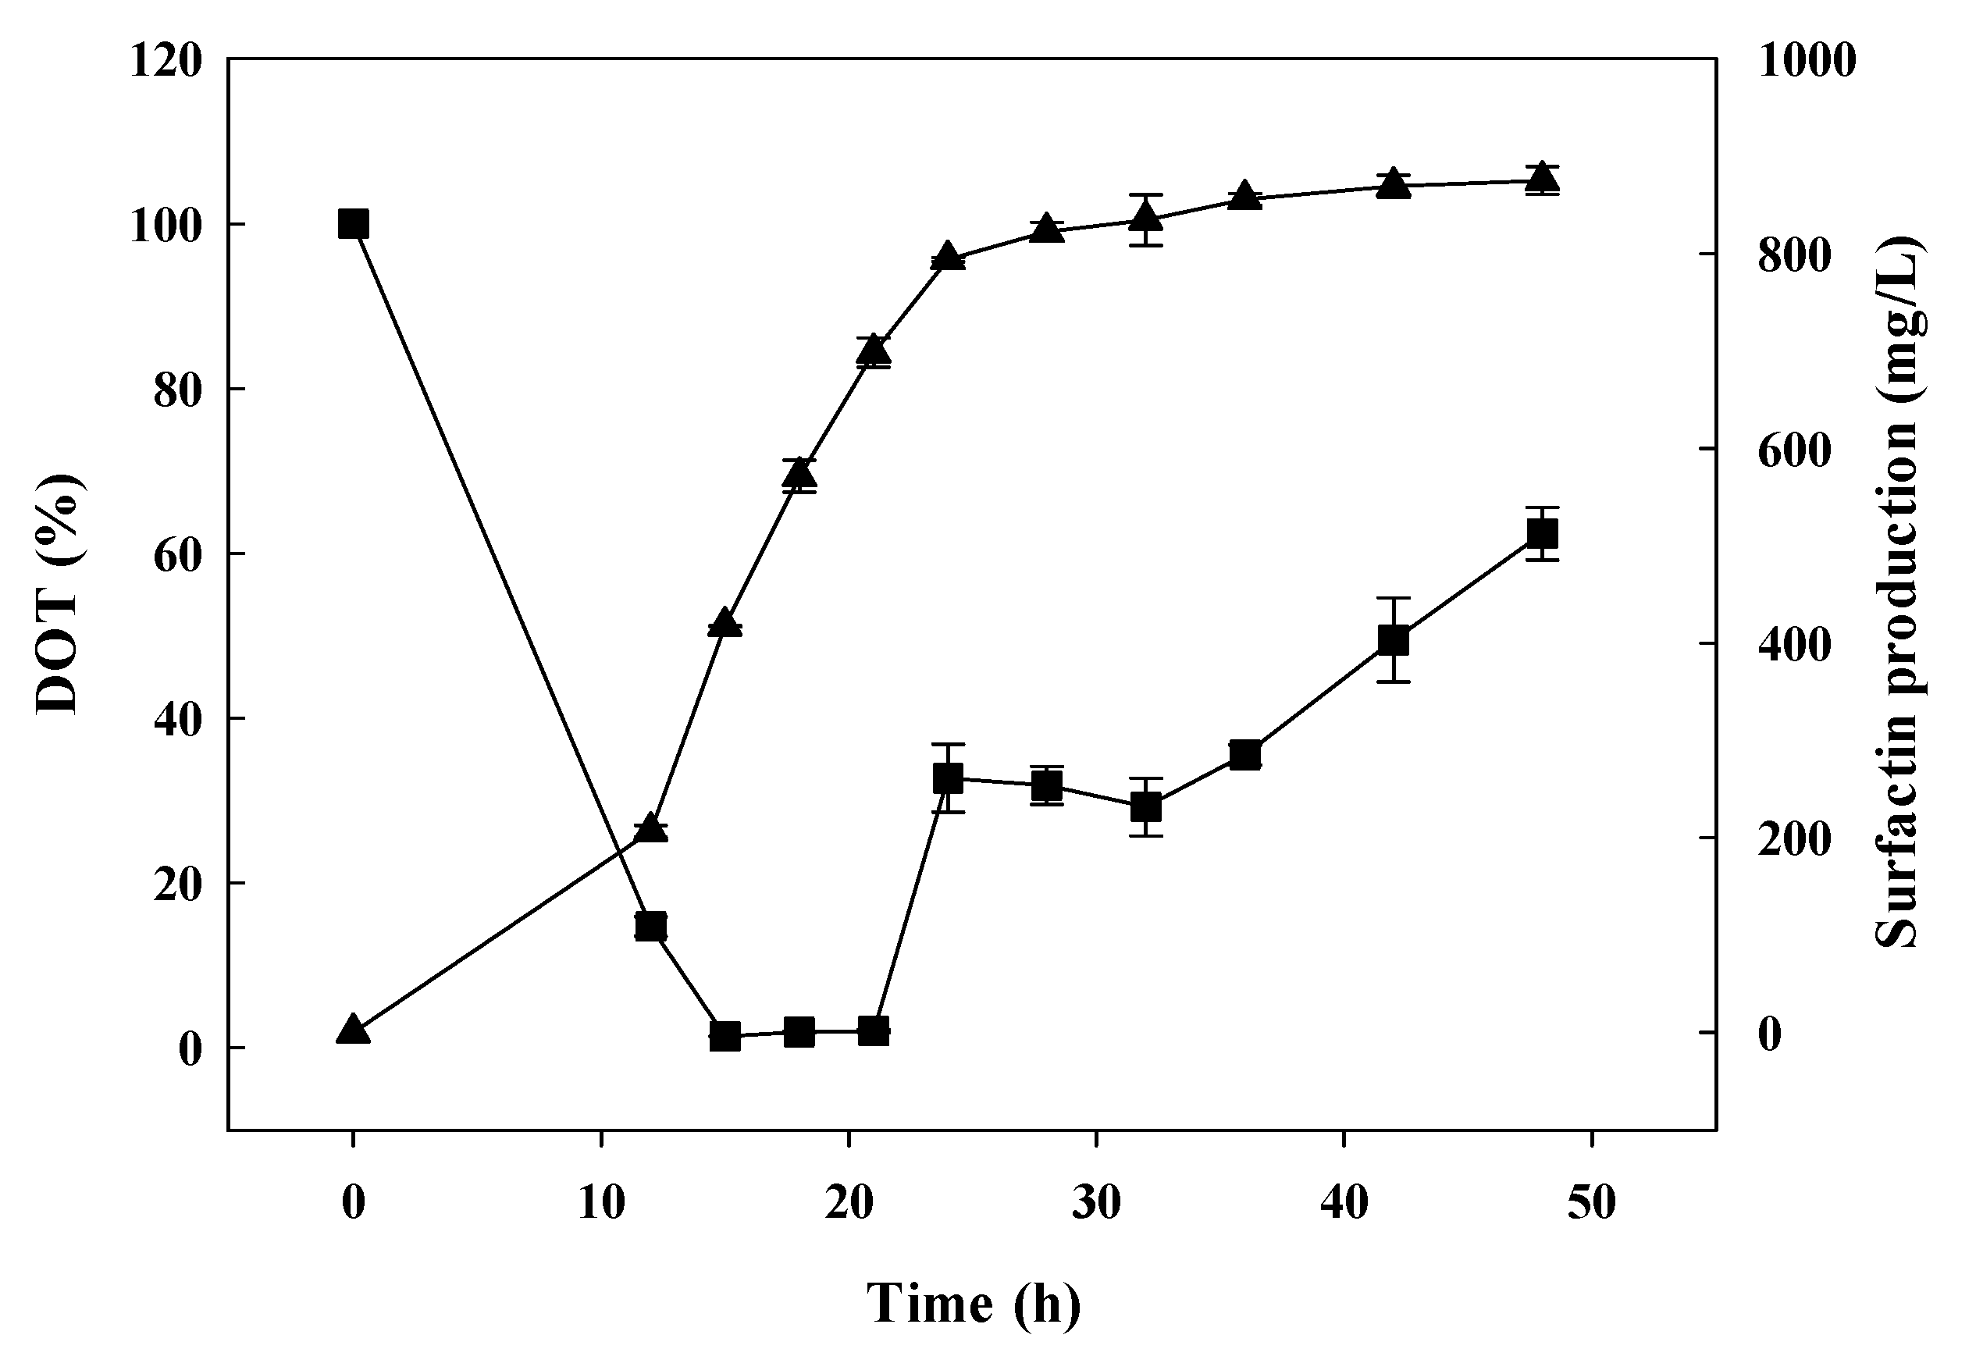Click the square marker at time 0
click(353, 224)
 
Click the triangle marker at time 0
click(353, 1030)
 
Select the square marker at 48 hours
click(1543, 534)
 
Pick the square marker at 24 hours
click(948, 778)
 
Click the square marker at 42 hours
click(1394, 640)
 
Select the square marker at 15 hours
click(725, 1036)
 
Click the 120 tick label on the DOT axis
click(166, 61)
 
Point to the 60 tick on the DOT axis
click(179, 554)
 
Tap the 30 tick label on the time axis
click(1096, 1204)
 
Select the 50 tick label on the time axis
click(1592, 1204)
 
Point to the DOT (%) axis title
click(59, 594)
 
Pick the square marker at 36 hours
click(1244, 755)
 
